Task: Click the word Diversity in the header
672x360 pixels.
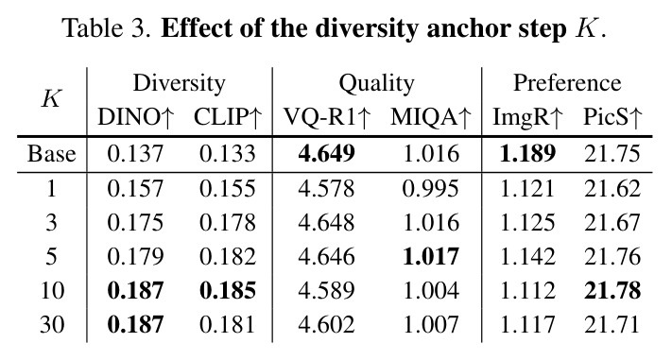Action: tap(180, 84)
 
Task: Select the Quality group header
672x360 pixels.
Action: tap(377, 84)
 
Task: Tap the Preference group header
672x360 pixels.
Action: tap(567, 83)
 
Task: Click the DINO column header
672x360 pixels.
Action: tap(135, 117)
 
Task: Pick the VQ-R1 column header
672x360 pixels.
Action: tap(327, 117)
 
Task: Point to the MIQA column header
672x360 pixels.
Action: tap(431, 117)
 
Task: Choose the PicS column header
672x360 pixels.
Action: tap(612, 117)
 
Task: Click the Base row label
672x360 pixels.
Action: tap(51, 154)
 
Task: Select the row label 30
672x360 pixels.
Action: tap(52, 324)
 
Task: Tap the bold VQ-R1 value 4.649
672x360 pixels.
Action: tap(327, 154)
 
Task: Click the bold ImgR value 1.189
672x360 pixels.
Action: tap(527, 154)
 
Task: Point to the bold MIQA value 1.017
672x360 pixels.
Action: tap(431, 256)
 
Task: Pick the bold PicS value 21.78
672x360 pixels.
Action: tap(612, 290)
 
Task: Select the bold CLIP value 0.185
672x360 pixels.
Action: tap(228, 290)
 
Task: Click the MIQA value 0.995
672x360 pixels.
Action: tap(431, 189)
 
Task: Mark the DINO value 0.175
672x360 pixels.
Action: tap(135, 222)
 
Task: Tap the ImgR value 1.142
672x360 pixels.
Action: tap(527, 256)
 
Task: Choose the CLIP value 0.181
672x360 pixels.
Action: tap(228, 324)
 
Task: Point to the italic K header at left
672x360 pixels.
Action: tap(52, 98)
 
